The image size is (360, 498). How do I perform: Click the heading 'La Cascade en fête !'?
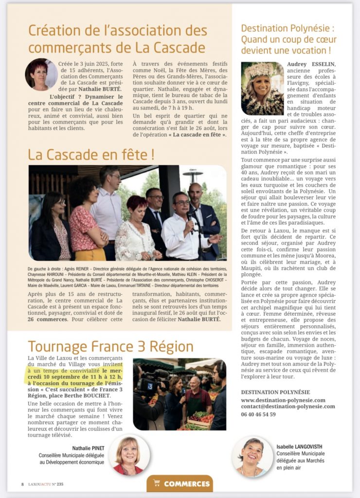pyautogui.click(x=91, y=155)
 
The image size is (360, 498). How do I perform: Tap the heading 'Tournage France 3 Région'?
pyautogui.click(x=110, y=346)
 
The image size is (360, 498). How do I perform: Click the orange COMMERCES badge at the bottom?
pyautogui.click(x=180, y=483)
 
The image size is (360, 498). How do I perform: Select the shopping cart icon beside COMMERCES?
pyautogui.click(x=157, y=483)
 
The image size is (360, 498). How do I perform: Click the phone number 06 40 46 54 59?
pyautogui.click(x=265, y=414)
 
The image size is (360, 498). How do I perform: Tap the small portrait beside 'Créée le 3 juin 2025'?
pyautogui.click(x=41, y=74)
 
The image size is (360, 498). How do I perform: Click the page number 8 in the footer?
pyautogui.click(x=22, y=484)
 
